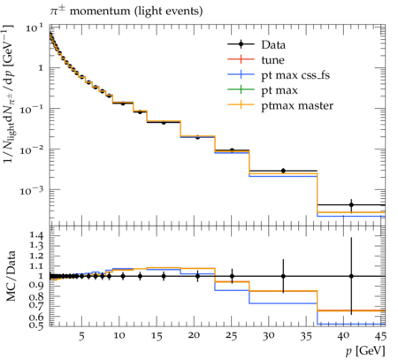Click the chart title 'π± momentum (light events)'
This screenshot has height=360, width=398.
[x=126, y=11]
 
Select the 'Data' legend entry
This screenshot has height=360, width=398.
[x=256, y=44]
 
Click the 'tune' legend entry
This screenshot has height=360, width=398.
[x=256, y=60]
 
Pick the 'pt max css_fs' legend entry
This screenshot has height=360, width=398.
[x=279, y=75]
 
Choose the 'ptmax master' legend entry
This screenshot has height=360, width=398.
[x=280, y=105]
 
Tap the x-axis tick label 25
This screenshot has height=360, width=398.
[x=232, y=335]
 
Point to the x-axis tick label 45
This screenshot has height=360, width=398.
[x=381, y=335]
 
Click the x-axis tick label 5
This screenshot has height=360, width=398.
[x=81, y=335]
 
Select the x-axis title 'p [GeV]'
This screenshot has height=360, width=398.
[x=365, y=351]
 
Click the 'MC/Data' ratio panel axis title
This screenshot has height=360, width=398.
[x=11, y=276]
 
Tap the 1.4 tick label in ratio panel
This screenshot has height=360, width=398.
[x=36, y=235]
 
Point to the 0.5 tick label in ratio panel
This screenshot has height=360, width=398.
[x=36, y=325]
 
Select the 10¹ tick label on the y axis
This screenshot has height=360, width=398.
[x=34, y=28]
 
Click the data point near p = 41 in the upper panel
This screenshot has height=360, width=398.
[x=351, y=204]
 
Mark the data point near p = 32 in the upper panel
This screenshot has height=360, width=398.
[x=283, y=171]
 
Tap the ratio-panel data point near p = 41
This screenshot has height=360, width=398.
[x=351, y=276]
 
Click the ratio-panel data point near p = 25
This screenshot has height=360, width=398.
[x=232, y=276]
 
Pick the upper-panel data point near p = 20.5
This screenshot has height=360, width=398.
[x=197, y=137]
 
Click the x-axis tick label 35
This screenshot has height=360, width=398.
[x=306, y=335]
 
